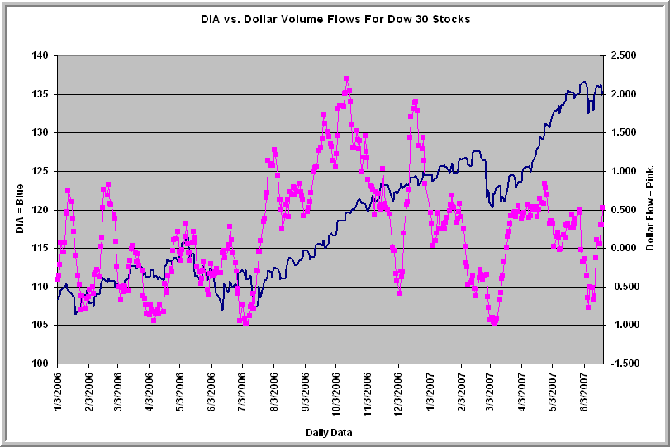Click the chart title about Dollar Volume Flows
coord(335,19)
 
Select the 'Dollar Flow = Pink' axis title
coord(651,209)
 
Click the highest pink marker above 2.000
coord(345,79)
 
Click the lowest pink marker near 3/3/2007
coord(494,323)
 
